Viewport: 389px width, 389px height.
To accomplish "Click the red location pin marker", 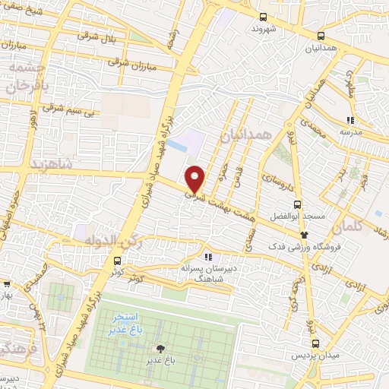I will coord(195,178).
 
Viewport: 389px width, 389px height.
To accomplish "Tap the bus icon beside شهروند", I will coord(263,17).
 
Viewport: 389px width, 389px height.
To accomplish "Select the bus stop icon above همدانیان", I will coord(321,35).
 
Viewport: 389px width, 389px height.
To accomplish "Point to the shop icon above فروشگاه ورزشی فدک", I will coord(305,236).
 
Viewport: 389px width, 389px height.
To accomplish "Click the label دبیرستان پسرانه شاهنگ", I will coord(207,274).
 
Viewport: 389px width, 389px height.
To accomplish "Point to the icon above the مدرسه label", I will coord(349,119).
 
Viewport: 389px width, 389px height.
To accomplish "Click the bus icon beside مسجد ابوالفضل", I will coord(297,204).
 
